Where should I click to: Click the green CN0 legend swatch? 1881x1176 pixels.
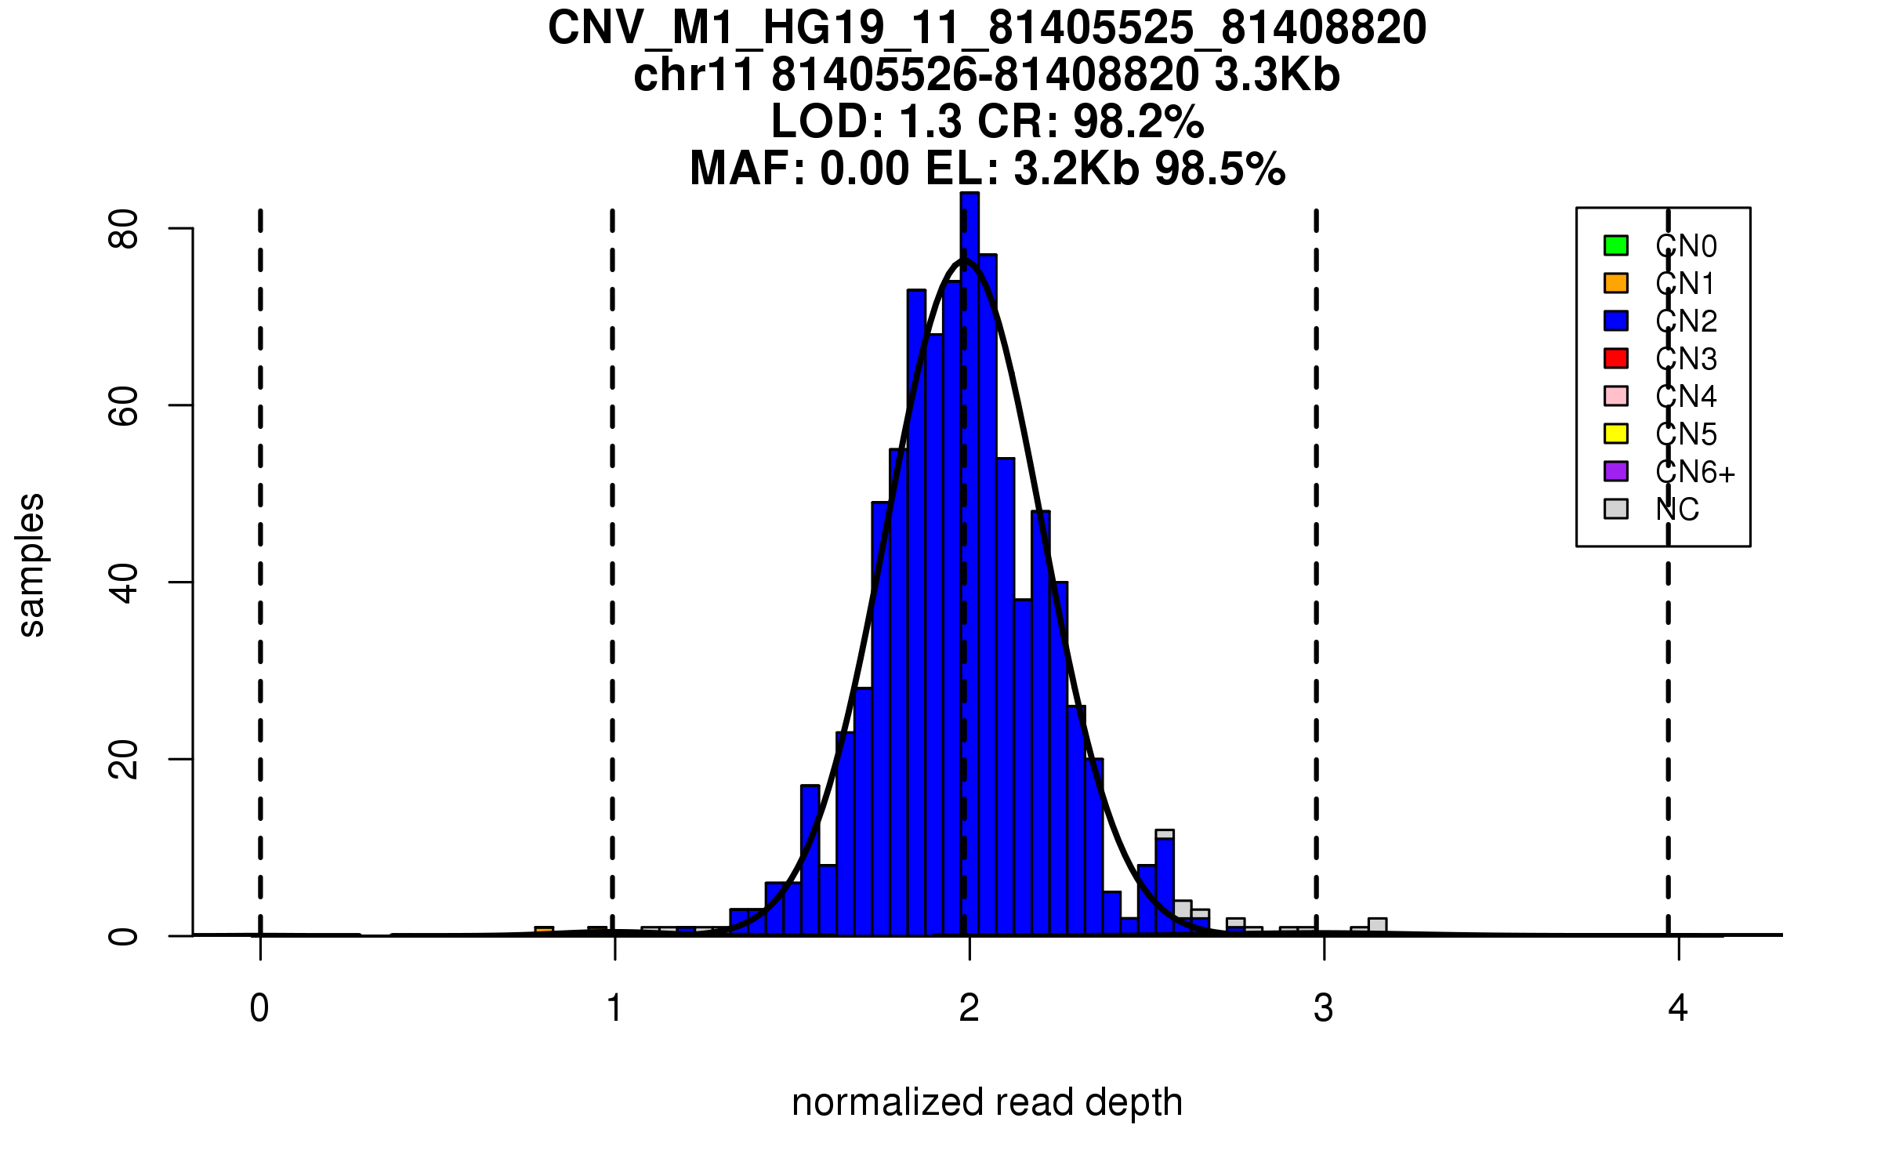tap(1616, 245)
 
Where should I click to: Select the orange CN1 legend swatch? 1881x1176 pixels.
tap(1616, 283)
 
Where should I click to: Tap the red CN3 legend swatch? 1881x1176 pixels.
tap(1616, 358)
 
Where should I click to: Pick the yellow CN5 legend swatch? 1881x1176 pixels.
tap(1616, 434)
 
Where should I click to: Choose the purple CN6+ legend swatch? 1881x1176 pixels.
tap(1616, 471)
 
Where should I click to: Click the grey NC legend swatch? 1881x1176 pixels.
tap(1616, 509)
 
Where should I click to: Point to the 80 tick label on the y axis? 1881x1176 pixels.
tap(123, 229)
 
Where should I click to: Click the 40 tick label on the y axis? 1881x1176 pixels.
tap(123, 583)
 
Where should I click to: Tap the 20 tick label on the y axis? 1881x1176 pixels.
tap(123, 759)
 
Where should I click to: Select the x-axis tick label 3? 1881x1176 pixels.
tap(1324, 1008)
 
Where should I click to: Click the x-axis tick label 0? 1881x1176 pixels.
tap(259, 1008)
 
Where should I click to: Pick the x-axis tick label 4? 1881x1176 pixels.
tap(1678, 1008)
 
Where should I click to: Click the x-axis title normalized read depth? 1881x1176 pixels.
tap(987, 1102)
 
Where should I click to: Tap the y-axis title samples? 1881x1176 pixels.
tap(31, 564)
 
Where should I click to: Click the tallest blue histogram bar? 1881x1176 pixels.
tap(969, 549)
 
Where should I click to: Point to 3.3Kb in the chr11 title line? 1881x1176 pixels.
tap(1277, 75)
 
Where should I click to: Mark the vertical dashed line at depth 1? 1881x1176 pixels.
tap(612, 549)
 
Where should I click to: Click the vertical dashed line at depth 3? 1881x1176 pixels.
tap(1317, 549)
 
